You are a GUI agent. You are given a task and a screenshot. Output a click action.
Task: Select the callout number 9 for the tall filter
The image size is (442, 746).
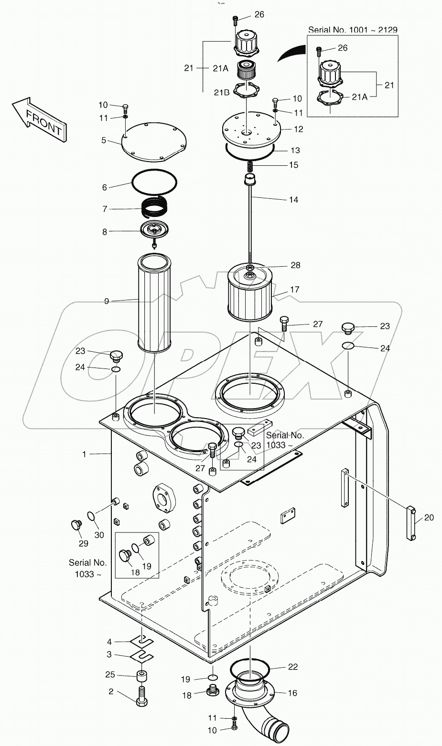[107, 301]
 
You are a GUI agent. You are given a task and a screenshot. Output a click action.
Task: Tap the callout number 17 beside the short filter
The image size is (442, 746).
[294, 290]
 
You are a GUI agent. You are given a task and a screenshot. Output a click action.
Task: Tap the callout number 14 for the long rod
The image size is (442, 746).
[293, 200]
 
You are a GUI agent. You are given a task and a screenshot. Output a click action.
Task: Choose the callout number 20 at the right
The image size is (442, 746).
[429, 518]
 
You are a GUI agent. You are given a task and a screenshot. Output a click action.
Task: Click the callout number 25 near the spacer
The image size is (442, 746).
[110, 674]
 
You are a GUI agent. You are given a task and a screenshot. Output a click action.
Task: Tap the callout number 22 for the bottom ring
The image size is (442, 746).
[292, 667]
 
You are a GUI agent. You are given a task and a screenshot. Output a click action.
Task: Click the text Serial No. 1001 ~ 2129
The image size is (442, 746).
[352, 30]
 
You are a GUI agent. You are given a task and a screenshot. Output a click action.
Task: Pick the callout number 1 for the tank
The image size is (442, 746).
[85, 454]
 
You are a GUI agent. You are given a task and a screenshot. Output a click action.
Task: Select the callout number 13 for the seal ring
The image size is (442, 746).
[295, 150]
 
